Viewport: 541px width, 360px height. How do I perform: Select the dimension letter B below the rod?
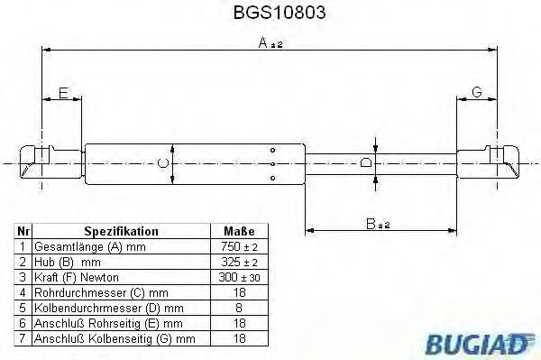click(371, 222)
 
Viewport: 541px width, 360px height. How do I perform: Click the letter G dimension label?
click(476, 92)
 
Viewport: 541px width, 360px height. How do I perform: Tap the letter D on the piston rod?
click(365, 163)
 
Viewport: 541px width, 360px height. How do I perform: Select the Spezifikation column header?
click(122, 231)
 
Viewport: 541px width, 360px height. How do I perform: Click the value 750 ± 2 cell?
click(239, 246)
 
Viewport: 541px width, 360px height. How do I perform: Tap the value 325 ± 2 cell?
click(239, 262)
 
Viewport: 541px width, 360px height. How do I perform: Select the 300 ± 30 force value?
click(239, 277)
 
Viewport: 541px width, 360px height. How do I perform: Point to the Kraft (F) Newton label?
click(76, 277)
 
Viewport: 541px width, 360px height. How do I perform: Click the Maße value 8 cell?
click(239, 308)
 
